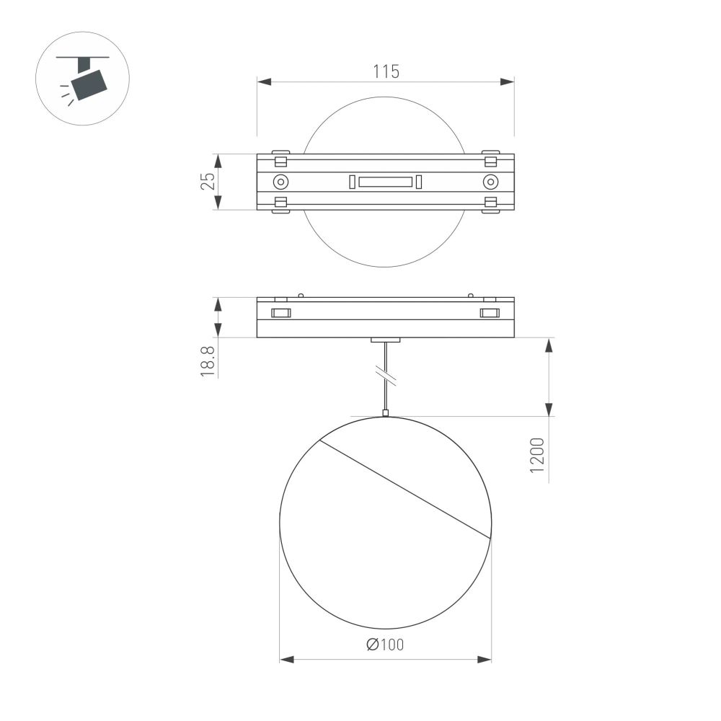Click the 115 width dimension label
point(386,71)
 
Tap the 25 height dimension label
point(207,181)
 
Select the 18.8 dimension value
point(207,360)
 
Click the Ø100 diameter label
point(385,645)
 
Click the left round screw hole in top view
point(280,181)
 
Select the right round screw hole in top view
point(490,181)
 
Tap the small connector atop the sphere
point(386,413)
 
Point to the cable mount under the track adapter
point(386,340)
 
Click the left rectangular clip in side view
point(280,313)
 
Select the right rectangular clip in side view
point(490,313)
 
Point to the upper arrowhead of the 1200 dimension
point(549,345)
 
